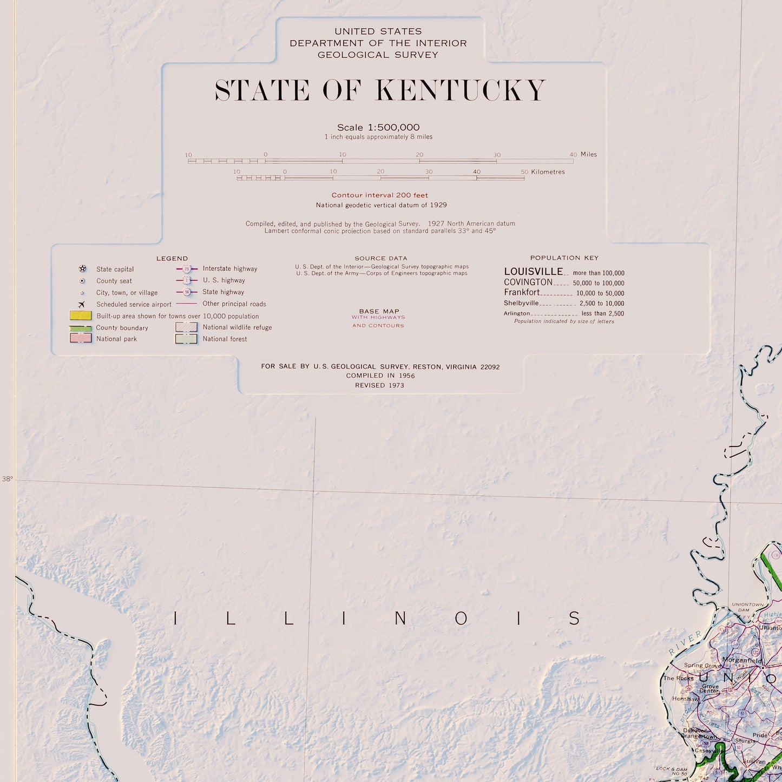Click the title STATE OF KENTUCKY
(x=380, y=90)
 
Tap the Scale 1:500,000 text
(x=378, y=128)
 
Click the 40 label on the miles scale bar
(x=573, y=155)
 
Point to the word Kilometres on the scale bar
(x=548, y=172)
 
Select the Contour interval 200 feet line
(x=379, y=195)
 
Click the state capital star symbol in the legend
(x=82, y=269)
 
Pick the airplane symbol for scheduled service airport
(x=82, y=304)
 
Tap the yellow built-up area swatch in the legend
(x=81, y=316)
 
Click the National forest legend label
(x=225, y=339)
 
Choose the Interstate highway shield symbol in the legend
(x=187, y=269)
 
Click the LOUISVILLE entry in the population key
(x=533, y=272)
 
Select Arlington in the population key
(x=517, y=313)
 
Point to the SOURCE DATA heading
(x=381, y=259)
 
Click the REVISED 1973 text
(x=379, y=385)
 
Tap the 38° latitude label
(x=7, y=479)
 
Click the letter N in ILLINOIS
(x=401, y=618)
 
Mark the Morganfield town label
(x=742, y=661)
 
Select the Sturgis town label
(x=745, y=741)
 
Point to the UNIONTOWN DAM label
(x=747, y=607)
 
